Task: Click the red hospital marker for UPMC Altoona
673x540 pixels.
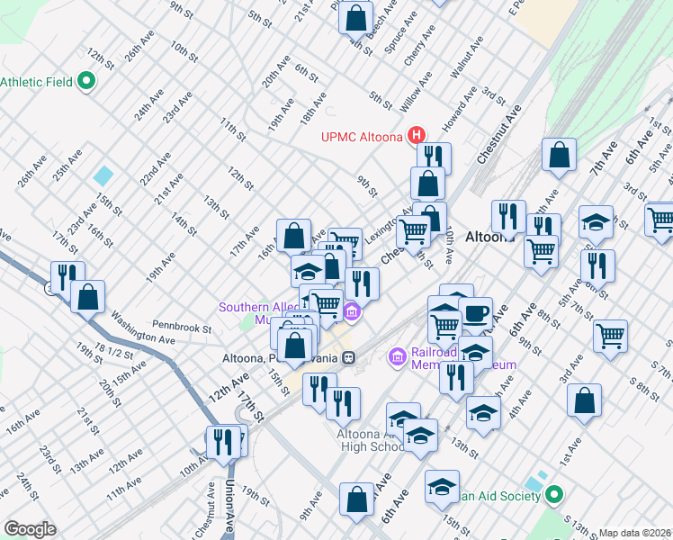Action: pos(417,136)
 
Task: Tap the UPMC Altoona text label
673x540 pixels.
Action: pos(363,138)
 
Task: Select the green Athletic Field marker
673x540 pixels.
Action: pos(87,82)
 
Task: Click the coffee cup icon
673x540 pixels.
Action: pos(476,315)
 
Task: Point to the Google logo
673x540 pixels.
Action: pos(31,529)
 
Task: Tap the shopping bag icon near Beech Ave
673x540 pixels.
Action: pos(357,18)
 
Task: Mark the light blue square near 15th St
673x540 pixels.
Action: pos(104,175)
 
